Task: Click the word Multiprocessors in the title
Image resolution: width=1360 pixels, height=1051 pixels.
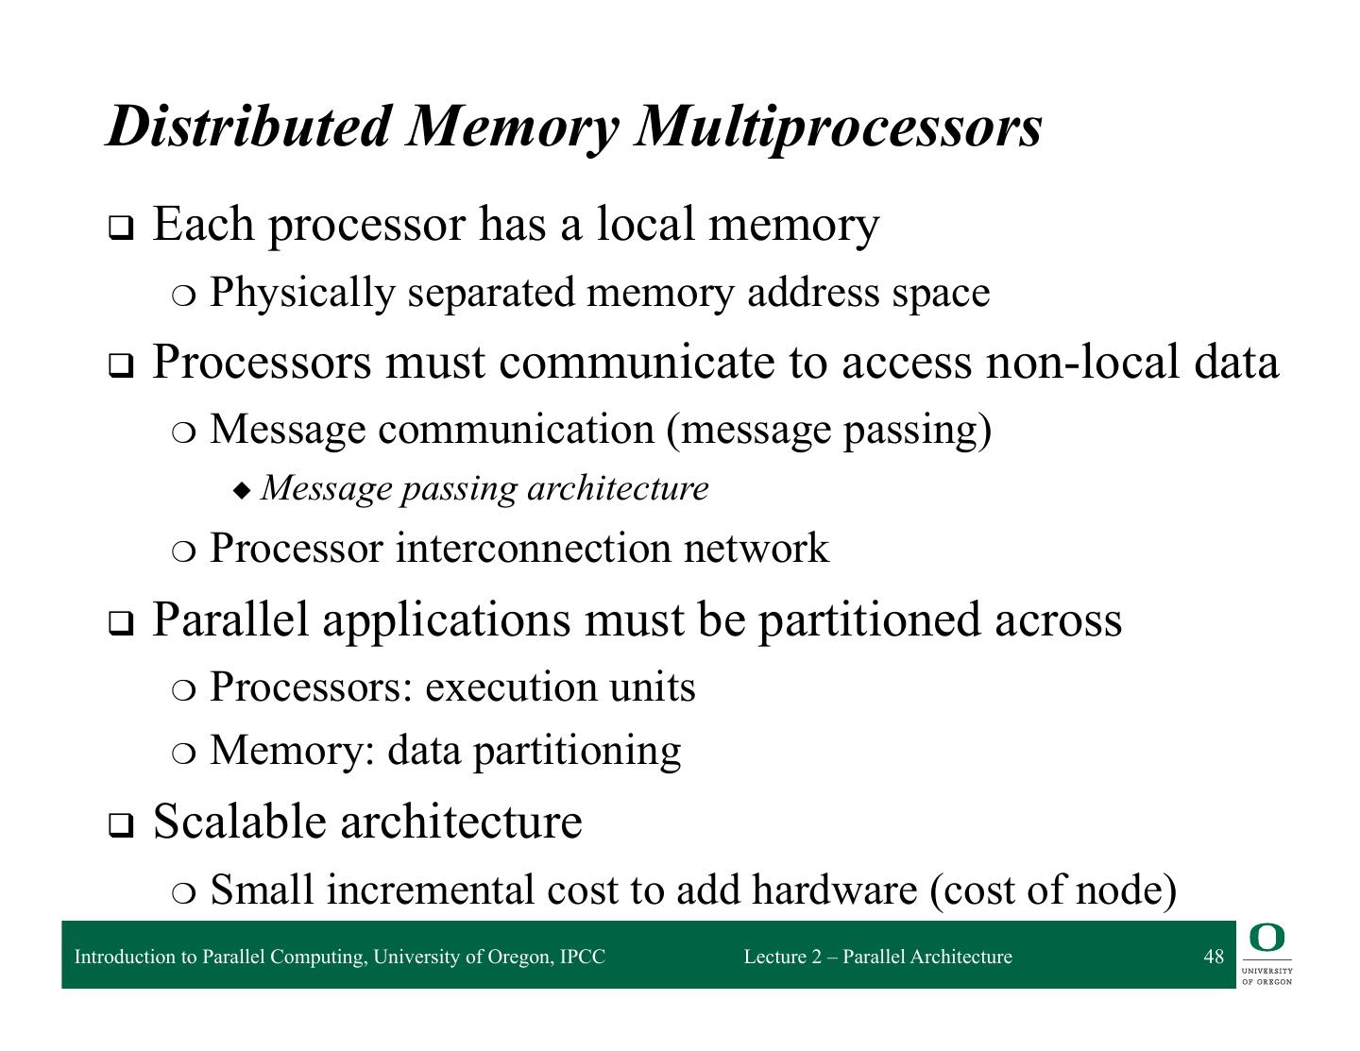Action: click(839, 126)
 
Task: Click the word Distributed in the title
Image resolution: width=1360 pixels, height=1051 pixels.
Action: click(247, 126)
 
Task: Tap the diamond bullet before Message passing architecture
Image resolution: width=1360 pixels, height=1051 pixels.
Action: click(244, 490)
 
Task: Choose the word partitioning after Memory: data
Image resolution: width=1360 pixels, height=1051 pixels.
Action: click(576, 751)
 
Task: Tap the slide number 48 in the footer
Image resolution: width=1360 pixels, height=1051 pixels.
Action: click(1214, 957)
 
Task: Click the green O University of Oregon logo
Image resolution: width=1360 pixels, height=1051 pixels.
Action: click(1266, 939)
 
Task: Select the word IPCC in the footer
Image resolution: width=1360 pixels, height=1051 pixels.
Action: click(583, 957)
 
